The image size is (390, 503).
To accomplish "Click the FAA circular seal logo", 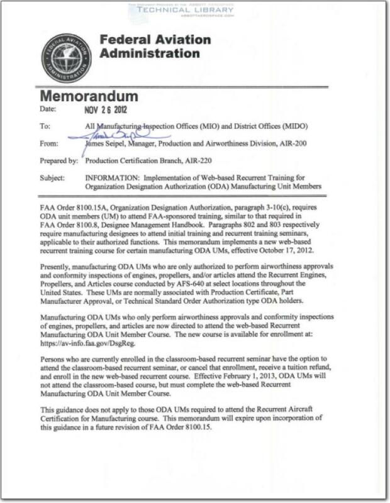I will (x=64, y=58).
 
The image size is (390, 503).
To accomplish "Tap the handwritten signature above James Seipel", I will (x=110, y=132).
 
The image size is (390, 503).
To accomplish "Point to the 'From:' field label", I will (x=48, y=143).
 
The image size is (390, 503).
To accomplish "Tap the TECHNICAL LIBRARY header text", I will (x=196, y=11).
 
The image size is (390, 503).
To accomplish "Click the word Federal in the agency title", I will (x=128, y=41).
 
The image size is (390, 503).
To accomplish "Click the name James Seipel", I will (x=108, y=143).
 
